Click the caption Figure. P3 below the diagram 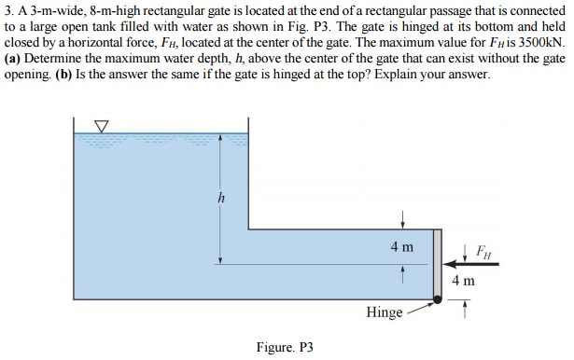click(x=284, y=347)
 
